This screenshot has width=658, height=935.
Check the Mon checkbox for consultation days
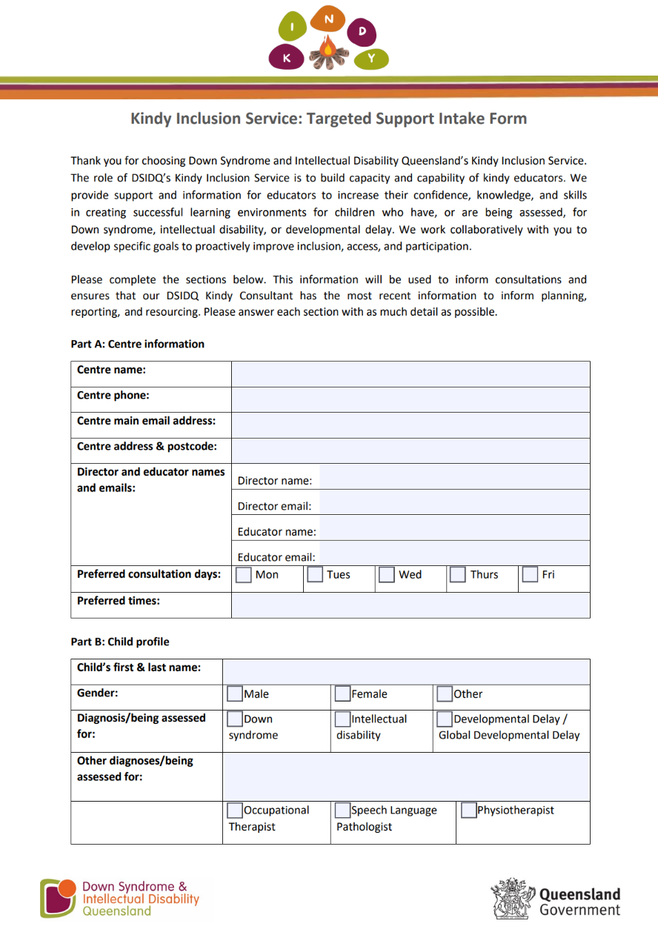point(244,575)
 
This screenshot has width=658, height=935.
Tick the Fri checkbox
point(530,575)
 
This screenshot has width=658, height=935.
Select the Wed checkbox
point(386,575)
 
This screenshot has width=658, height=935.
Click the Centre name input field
point(411,374)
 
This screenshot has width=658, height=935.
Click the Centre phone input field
point(411,399)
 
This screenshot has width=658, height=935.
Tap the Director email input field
point(454,506)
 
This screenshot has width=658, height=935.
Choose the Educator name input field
point(454,531)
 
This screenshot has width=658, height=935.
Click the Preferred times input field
point(411,605)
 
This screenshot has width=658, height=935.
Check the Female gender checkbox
point(342,694)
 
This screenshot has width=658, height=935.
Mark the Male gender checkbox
point(235,694)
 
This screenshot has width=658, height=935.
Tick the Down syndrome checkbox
point(235,719)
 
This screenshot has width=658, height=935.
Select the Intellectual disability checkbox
point(342,719)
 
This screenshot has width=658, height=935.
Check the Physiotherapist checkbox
point(468,811)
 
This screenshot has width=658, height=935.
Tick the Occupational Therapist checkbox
point(235,811)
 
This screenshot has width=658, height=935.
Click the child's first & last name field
point(406,672)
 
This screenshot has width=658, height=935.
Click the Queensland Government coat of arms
point(512,898)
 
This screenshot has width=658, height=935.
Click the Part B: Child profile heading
point(120,642)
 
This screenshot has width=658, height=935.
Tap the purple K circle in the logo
point(287,57)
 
